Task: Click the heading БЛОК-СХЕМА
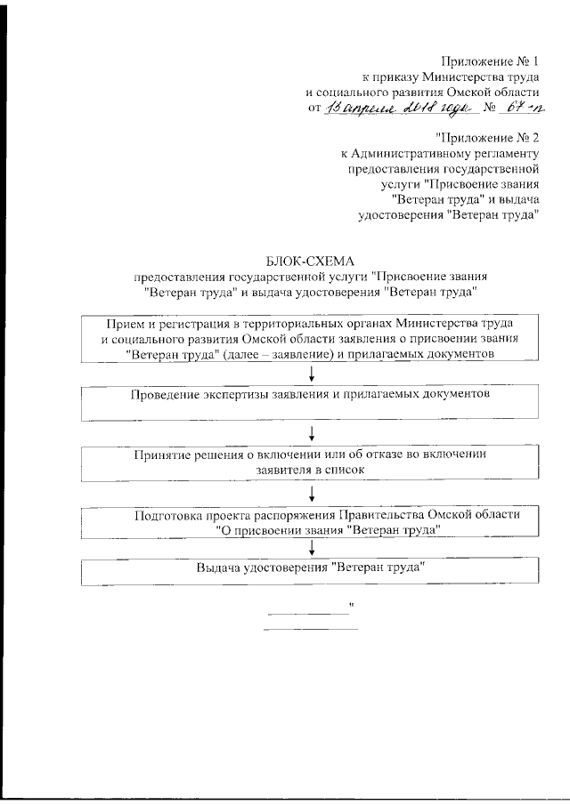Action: click(x=310, y=260)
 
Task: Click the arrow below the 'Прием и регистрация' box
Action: click(x=313, y=374)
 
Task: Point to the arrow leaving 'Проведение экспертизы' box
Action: click(x=313, y=432)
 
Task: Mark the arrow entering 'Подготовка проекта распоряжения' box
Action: click(x=313, y=494)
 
